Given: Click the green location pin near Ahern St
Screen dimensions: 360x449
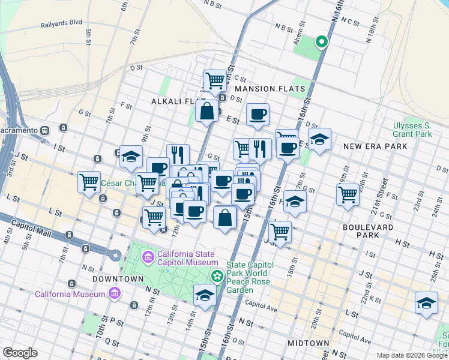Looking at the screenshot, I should [322, 42].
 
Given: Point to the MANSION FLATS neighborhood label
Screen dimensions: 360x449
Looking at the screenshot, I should [270, 89].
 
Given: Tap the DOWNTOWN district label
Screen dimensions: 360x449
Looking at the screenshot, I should [118, 279].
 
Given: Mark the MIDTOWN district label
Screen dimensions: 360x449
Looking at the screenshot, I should [308, 343].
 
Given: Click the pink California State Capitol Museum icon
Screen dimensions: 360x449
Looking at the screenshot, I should [148, 257].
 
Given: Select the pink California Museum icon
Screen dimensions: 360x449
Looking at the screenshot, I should [113, 293].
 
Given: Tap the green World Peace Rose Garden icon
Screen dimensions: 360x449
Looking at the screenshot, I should [217, 276].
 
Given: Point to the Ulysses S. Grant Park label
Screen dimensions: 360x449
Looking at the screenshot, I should [412, 130].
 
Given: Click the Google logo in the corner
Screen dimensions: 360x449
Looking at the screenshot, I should [20, 353].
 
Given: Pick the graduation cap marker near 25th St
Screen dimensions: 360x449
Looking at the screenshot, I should [426, 302].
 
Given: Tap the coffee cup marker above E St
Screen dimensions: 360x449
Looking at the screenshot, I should [258, 113].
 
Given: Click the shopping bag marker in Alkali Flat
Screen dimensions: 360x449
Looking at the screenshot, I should [206, 110].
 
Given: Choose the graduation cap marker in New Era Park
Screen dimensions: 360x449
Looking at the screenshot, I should [319, 139].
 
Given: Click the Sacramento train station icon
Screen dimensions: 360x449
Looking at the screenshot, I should [44, 130].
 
